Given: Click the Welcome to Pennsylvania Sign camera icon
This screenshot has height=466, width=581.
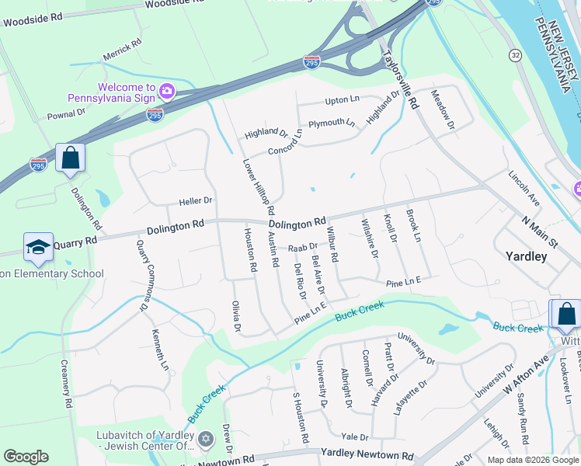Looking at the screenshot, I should coord(166,92).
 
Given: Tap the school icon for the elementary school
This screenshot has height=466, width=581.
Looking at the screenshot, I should coord(38,248).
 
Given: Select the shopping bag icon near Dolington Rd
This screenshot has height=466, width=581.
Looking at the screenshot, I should coord(70,158).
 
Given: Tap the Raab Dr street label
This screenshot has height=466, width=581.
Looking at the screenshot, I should coord(303,247).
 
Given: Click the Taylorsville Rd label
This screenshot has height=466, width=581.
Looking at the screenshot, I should coord(401,80).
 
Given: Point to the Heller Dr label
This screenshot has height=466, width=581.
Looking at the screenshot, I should coord(196,200).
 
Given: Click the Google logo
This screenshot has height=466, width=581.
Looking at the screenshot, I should coord(26,456).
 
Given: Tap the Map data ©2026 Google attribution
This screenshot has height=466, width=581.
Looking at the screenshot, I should coord(532,460).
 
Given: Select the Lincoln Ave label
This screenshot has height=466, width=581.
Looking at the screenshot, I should coord(524,190).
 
